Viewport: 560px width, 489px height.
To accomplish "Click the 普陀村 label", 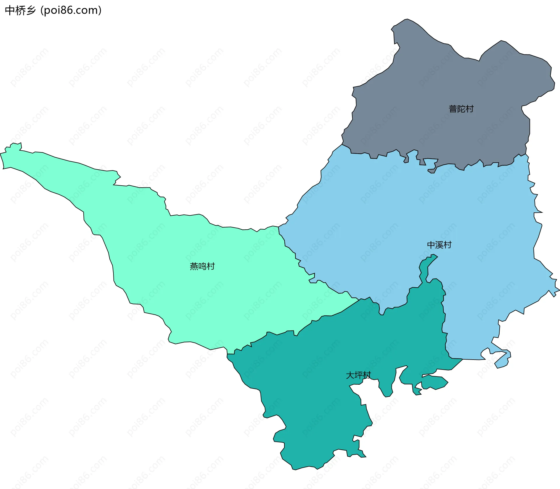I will (461, 109).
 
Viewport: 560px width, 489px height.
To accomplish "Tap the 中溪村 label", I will (439, 245).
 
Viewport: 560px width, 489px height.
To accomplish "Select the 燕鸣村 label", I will (202, 266).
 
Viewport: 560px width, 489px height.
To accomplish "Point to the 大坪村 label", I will (358, 375).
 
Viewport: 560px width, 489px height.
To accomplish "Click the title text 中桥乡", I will (20, 10).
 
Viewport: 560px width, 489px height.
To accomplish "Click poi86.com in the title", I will (71, 10).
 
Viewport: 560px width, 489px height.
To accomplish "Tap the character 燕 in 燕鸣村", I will (194, 266).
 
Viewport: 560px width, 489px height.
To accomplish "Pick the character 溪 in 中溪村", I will (439, 245).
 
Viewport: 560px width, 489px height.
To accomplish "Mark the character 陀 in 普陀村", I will (461, 109).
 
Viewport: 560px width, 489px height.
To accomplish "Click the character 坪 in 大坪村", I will (358, 375).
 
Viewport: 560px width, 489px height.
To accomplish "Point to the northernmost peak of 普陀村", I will (407, 20).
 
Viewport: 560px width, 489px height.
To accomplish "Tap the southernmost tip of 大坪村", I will (294, 469).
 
